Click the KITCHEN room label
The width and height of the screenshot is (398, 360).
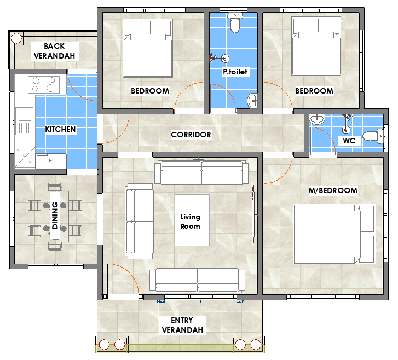60,129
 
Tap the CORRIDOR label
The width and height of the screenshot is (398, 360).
191,135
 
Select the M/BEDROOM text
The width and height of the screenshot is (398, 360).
333,190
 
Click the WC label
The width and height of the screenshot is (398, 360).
349,141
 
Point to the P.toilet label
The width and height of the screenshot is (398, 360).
235,72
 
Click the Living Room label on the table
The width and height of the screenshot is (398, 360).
190,222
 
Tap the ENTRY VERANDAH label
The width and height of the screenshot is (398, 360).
182,325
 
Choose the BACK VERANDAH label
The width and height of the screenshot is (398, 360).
54,51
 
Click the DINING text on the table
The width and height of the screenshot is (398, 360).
55,215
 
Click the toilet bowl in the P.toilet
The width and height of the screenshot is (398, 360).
235,22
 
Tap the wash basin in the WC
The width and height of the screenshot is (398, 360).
317,119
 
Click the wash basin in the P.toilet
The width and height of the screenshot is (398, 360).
252,101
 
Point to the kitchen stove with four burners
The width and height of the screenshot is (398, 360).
44,84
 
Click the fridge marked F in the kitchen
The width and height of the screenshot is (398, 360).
51,161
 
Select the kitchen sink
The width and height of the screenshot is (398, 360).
25,121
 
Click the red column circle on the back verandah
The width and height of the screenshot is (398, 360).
16,38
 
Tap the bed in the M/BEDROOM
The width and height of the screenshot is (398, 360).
334,234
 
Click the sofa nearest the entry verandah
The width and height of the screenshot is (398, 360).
197,280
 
